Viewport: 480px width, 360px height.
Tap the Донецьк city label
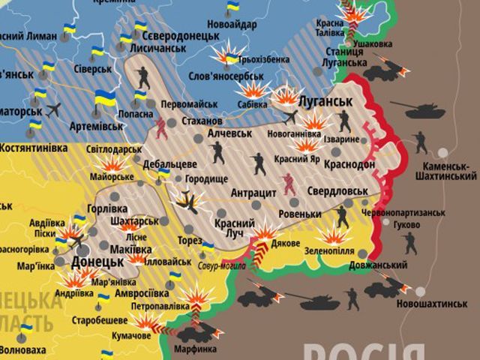click(97, 262)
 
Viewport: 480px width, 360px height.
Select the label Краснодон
click(349, 165)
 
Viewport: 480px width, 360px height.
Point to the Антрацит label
click(253, 192)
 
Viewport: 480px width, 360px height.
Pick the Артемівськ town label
click(97, 127)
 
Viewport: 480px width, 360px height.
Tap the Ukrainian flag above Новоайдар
click(232, 8)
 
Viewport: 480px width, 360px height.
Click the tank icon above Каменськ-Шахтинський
click(425, 110)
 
